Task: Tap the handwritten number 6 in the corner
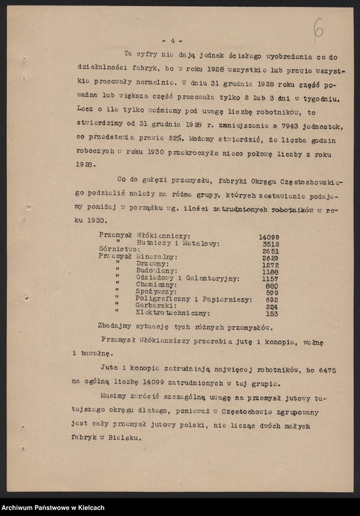click(318, 28)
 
